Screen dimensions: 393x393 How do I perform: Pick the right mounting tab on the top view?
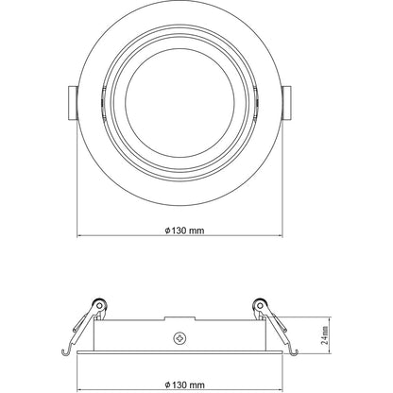(x=287, y=101)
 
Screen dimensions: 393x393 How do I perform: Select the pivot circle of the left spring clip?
(x=97, y=306)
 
